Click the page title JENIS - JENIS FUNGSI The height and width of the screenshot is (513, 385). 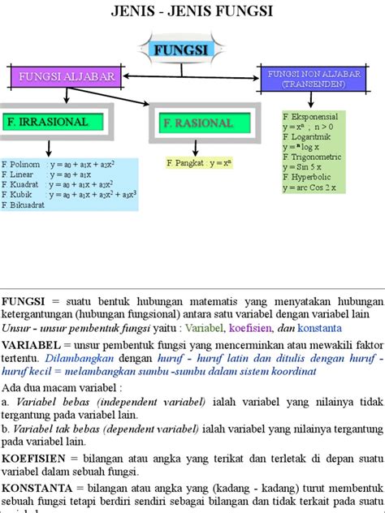(192, 11)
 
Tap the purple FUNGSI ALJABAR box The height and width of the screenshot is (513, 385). (63, 77)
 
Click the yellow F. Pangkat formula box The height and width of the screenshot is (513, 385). (199, 163)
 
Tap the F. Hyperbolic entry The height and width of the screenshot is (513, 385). (309, 177)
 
